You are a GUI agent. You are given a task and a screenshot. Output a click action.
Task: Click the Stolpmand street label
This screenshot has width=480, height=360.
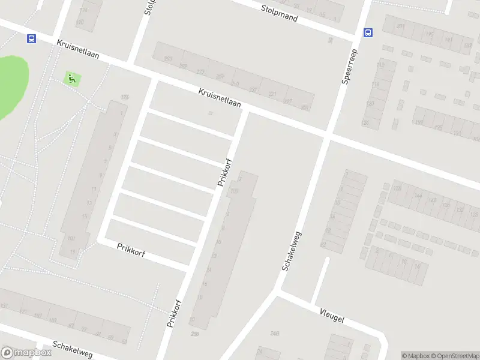(280, 13)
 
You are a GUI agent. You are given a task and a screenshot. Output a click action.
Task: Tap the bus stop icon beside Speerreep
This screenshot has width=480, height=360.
(368, 32)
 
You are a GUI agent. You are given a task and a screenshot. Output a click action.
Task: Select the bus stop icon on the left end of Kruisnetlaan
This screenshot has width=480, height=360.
(31, 38)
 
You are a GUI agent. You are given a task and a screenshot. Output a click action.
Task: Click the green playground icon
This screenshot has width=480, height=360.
(71, 78)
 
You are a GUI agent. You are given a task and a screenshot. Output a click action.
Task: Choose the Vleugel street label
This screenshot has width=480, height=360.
(332, 315)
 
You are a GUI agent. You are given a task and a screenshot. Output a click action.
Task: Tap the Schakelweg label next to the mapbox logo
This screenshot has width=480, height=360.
(72, 349)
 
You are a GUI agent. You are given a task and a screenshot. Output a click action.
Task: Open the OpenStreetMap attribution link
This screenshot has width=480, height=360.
(454, 356)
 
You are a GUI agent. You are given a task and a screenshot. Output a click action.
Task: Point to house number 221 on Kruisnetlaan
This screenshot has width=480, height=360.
(273, 94)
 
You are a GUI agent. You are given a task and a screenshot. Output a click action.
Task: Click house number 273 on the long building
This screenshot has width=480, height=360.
(200, 72)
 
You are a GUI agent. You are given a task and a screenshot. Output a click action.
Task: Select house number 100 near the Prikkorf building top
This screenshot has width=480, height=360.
(234, 191)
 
